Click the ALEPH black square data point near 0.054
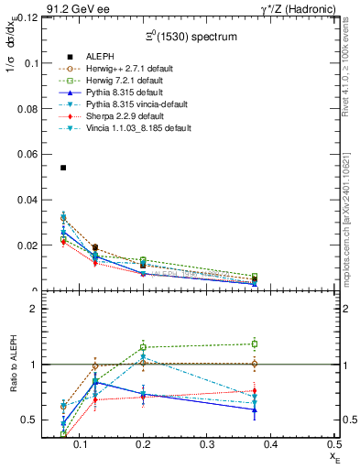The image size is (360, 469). pos(63,168)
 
